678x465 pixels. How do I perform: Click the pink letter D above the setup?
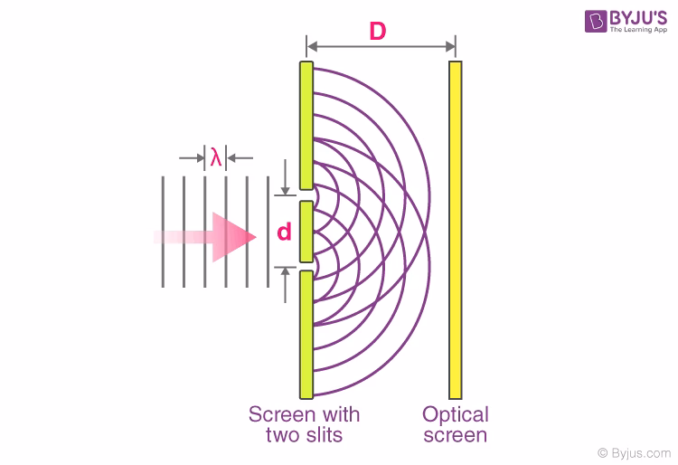pyautogui.click(x=378, y=31)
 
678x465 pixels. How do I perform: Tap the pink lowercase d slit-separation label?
pyautogui.click(x=284, y=232)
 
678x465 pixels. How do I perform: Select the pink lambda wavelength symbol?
pyautogui.click(x=216, y=157)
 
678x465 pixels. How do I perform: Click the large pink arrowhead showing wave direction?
pyautogui.click(x=234, y=237)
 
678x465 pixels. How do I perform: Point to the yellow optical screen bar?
pyautogui.click(x=456, y=230)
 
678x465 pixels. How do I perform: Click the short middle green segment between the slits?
pyautogui.click(x=306, y=232)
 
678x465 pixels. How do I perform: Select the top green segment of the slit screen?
pyautogui.click(x=306, y=126)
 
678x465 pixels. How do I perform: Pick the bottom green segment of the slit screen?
pyautogui.click(x=306, y=335)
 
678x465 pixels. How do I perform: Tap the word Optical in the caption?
pyautogui.click(x=456, y=415)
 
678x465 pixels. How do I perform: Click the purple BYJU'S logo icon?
pyautogui.click(x=596, y=21)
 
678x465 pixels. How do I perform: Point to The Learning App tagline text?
pyautogui.click(x=638, y=30)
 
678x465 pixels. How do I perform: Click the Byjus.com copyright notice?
pyautogui.click(x=635, y=453)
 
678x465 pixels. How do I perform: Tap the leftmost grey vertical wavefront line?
pyautogui.click(x=163, y=232)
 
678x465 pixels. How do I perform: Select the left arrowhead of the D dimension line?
pyautogui.click(x=312, y=46)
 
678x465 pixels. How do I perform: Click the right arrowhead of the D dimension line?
pyautogui.click(x=450, y=46)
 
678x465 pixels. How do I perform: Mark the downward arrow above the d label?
pyautogui.click(x=285, y=177)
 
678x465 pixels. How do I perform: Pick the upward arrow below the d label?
pyautogui.click(x=285, y=285)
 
